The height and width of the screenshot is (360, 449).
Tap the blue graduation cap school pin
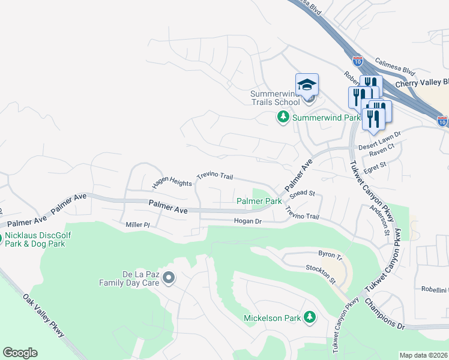tap(307, 85)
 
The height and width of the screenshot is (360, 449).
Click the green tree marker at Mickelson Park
tap(310, 317)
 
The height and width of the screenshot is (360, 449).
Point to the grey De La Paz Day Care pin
tap(169, 278)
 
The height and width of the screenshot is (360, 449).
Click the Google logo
tap(20, 353)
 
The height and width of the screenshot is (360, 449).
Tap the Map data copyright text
tap(423, 355)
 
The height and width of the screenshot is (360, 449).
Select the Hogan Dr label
tap(247, 221)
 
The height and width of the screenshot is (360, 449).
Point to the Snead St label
tap(302, 194)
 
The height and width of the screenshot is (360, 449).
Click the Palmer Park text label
tap(259, 201)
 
